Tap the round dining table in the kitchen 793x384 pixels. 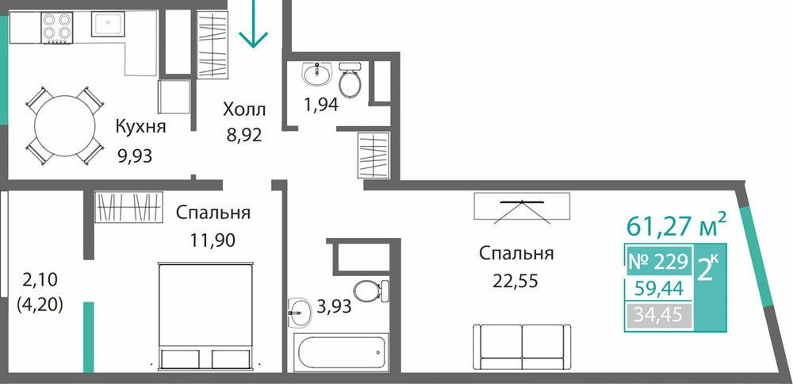click(x=65, y=126)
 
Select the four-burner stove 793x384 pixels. click(x=56, y=27)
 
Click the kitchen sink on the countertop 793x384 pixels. click(x=108, y=25)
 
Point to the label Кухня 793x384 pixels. click(x=140, y=126)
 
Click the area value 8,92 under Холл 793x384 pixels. click(x=244, y=135)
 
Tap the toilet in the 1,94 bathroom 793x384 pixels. click(x=350, y=79)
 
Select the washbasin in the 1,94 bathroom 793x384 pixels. click(x=317, y=74)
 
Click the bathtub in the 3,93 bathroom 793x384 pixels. click(x=343, y=352)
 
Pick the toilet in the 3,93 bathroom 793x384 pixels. click(x=371, y=291)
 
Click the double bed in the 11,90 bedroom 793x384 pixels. click(x=205, y=316)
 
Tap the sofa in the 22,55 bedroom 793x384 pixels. click(x=522, y=347)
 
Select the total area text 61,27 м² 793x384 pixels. click(x=676, y=225)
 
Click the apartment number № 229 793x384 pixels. click(x=658, y=262)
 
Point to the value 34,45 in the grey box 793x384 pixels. click(x=658, y=316)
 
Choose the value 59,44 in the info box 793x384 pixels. click(x=658, y=288)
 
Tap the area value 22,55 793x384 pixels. click(x=516, y=280)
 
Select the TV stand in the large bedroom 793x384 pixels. click(x=522, y=206)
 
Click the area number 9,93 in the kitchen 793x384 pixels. click(x=134, y=156)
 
